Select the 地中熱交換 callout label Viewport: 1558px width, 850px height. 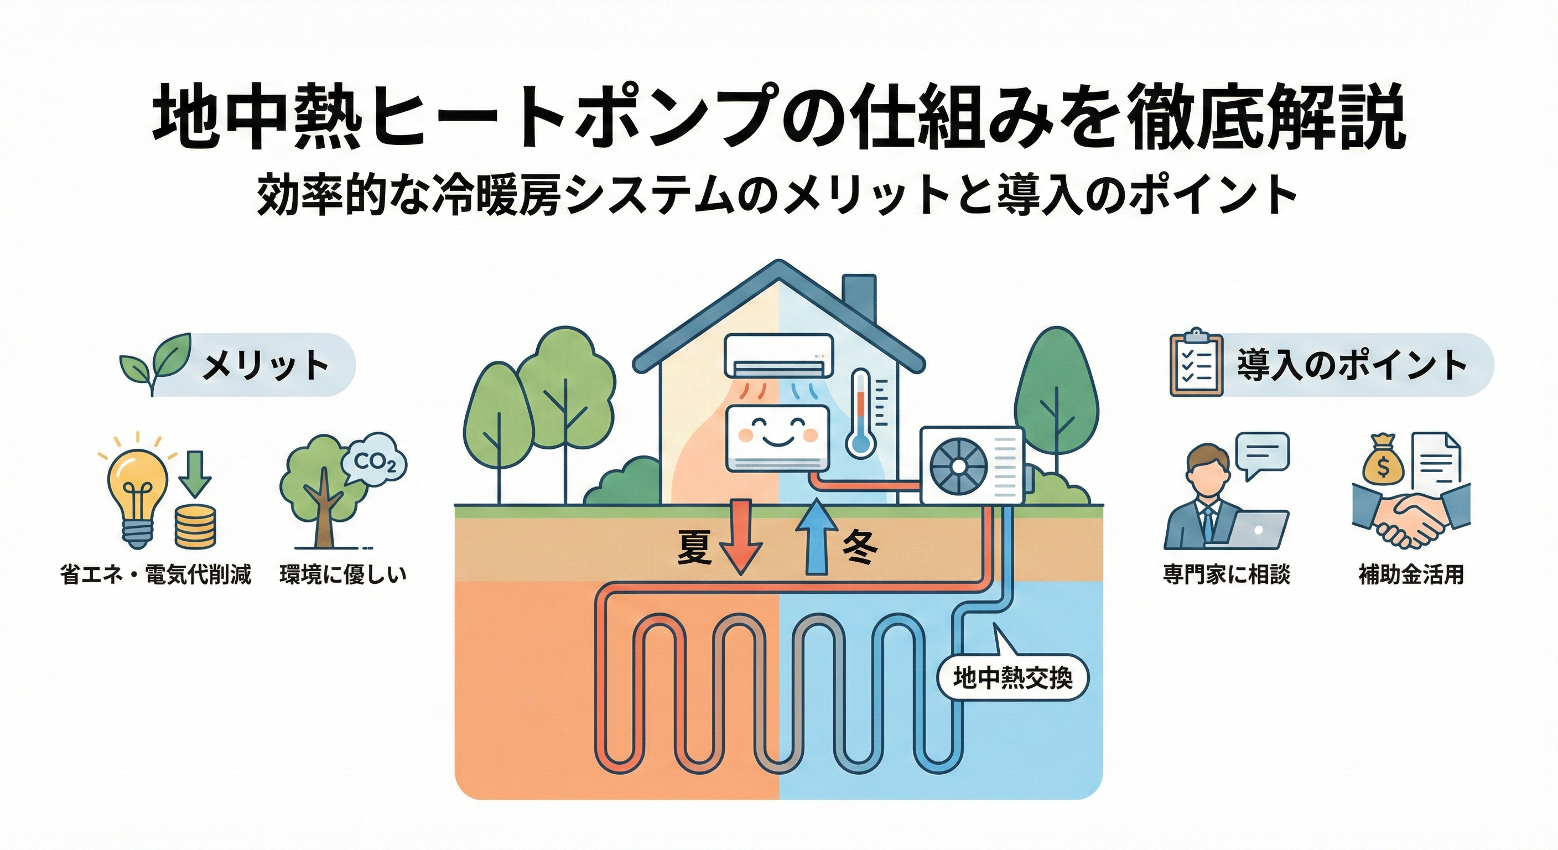(1012, 679)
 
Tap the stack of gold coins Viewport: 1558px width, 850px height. (195, 527)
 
